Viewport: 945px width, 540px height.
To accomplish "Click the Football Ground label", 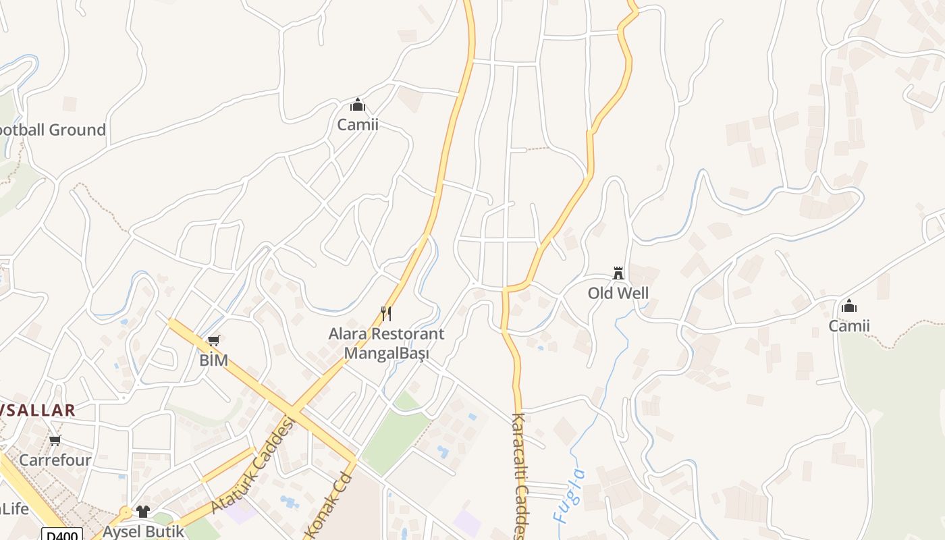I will [53, 130].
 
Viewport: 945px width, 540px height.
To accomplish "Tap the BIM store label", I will [213, 360].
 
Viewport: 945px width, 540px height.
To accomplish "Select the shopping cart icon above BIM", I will [214, 341].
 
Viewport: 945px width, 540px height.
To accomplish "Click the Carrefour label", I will [55, 460].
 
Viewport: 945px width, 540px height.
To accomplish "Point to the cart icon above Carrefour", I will [55, 441].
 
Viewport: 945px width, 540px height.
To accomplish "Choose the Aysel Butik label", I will [143, 531].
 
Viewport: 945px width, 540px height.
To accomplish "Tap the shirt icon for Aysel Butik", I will [142, 512].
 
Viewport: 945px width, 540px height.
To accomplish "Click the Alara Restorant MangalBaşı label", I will [386, 343].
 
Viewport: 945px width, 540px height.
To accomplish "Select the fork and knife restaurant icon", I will [386, 313].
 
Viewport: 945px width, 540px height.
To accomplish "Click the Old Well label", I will [618, 293].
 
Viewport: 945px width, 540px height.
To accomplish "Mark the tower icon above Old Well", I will [618, 273].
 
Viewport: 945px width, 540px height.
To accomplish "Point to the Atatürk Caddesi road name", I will [253, 466].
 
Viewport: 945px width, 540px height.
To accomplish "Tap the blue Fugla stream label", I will [569, 496].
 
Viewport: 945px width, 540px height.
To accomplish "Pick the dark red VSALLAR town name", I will [37, 410].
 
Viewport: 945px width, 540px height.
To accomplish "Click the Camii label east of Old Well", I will [849, 326].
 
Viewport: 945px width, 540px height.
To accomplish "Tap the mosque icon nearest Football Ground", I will [358, 105].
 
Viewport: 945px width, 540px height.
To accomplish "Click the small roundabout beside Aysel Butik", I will [125, 512].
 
